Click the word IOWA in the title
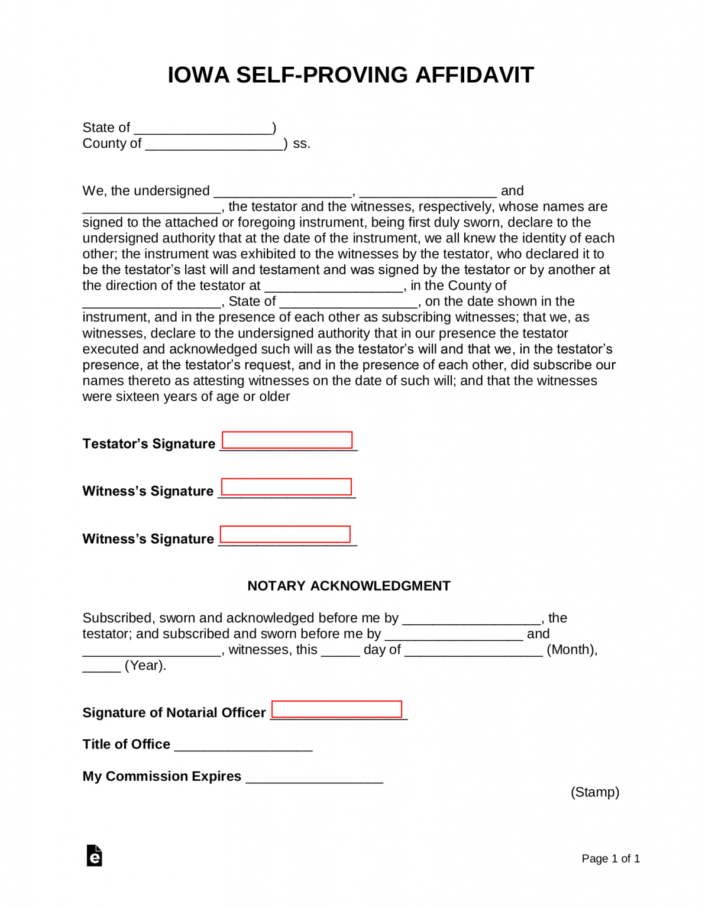click(x=198, y=75)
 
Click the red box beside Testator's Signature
click(x=287, y=440)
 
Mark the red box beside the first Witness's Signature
click(x=286, y=487)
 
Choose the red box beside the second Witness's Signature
click(x=285, y=534)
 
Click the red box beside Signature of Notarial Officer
click(x=337, y=709)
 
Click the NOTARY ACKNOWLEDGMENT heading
click(x=349, y=586)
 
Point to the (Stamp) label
click(x=594, y=792)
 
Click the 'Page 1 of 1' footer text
click(x=610, y=858)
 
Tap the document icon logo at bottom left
click(x=95, y=856)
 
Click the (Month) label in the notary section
click(x=571, y=650)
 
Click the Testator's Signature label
click(x=148, y=444)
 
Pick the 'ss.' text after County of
click(x=302, y=144)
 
